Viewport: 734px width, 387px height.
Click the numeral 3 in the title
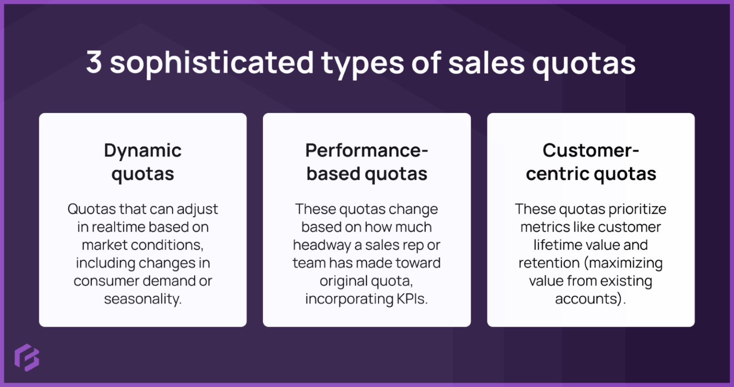coord(94,62)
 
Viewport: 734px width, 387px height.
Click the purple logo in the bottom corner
coord(27,357)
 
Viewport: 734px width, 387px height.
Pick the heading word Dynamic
coord(143,151)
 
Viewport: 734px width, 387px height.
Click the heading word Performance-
coord(367,151)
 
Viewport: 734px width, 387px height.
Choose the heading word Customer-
coord(591,151)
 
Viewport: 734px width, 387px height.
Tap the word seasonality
coord(142,299)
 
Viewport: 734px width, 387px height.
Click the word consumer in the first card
coord(105,281)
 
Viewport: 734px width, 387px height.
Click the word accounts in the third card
coord(589,299)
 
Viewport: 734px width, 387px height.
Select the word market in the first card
coord(104,245)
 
